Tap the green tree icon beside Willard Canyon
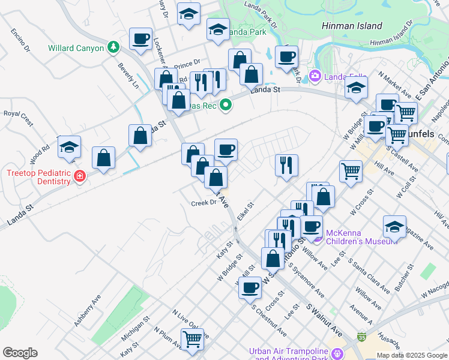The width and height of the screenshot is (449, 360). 112,47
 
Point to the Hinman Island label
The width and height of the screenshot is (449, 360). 351,26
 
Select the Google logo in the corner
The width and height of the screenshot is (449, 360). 20,353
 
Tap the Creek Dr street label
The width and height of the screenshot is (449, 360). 203,203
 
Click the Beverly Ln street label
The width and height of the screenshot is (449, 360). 128,76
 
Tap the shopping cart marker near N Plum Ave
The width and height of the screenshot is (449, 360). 192,340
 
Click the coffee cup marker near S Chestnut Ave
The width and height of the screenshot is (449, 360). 250,287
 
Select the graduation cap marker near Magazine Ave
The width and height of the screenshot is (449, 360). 394,227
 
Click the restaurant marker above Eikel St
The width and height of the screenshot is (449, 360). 287,165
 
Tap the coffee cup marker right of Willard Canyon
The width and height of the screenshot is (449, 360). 141,38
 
